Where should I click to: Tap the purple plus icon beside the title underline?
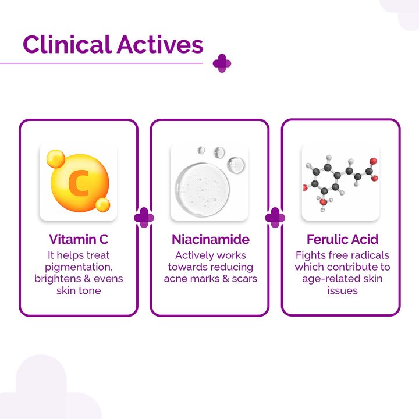222,63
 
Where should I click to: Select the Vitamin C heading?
79,239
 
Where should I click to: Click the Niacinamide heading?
210,239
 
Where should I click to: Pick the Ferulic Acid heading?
342,239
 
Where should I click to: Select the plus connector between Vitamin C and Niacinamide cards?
144,218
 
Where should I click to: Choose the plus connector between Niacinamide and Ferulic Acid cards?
275,218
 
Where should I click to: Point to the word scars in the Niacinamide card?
244,278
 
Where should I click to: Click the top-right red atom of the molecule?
372,161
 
